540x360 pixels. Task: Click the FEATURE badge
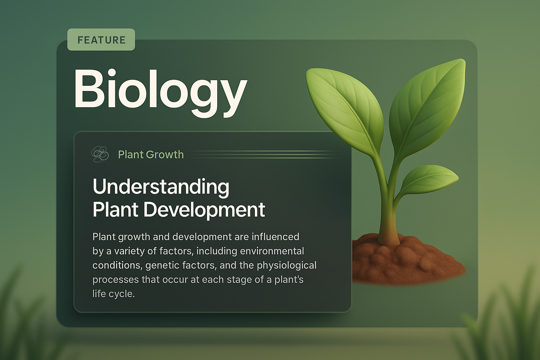(101, 40)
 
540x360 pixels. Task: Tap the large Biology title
(160, 89)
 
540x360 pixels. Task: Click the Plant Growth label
(151, 154)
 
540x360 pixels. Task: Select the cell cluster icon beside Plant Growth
(100, 154)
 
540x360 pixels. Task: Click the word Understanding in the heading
(161, 187)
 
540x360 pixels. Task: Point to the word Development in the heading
(204, 210)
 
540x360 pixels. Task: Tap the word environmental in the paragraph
(272, 251)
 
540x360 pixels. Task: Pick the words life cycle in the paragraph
(114, 294)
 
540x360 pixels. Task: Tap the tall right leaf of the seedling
(427, 105)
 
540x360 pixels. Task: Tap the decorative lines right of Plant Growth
(264, 154)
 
